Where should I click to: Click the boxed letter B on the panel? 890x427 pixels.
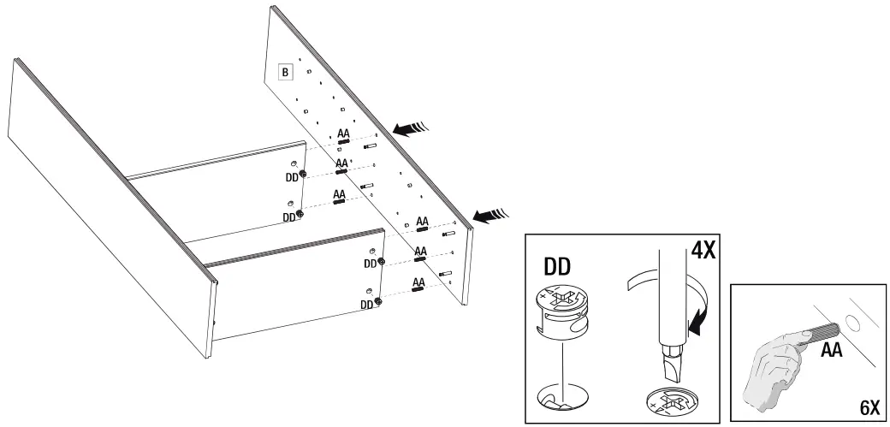(285, 72)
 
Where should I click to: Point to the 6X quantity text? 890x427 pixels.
(869, 408)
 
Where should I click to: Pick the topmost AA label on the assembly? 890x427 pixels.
(344, 133)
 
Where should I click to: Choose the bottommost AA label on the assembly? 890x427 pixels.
(419, 282)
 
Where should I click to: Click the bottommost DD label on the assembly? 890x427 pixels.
(366, 304)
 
